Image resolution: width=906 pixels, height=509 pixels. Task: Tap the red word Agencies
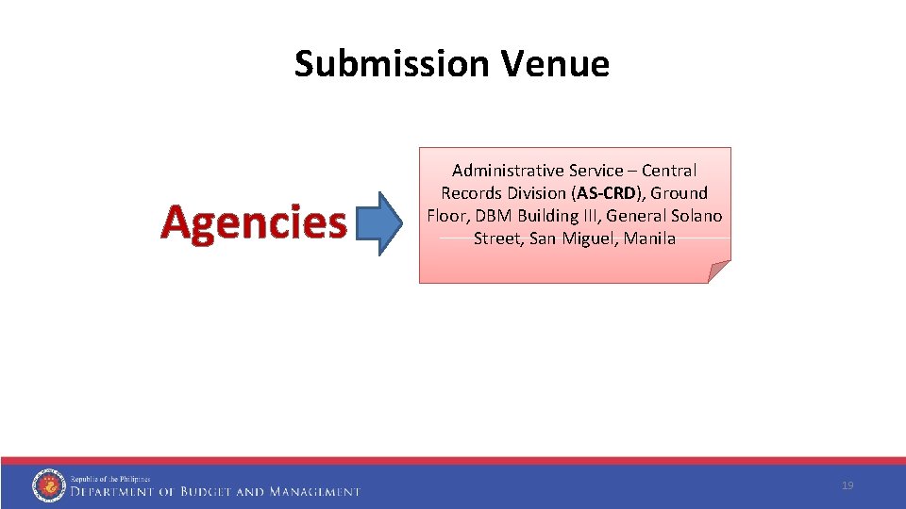click(x=254, y=222)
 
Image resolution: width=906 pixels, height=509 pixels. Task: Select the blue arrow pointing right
click(x=382, y=223)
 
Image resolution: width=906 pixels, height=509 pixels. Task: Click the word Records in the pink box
click(x=471, y=193)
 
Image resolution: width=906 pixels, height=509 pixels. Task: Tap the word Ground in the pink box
click(x=679, y=193)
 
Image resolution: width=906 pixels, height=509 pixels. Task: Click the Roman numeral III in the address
click(x=590, y=216)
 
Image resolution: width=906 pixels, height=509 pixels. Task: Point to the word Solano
click(x=696, y=216)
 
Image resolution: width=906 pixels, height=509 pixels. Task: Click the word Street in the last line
click(x=497, y=238)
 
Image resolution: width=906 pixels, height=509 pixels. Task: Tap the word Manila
click(x=649, y=238)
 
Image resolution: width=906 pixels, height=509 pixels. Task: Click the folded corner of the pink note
click(x=719, y=272)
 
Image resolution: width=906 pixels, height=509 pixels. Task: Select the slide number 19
click(x=847, y=485)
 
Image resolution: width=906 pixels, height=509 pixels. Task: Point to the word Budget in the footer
click(x=204, y=491)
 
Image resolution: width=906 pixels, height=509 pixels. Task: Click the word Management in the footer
click(x=314, y=491)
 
